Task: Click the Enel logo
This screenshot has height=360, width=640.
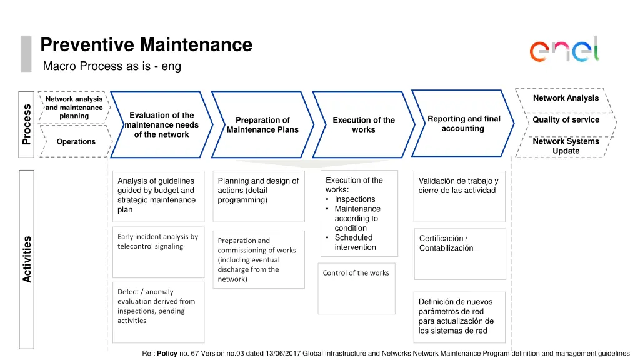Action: pyautogui.click(x=564, y=49)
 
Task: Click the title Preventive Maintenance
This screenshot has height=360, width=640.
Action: pyautogui.click(x=146, y=45)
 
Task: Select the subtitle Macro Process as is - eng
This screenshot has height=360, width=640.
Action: pyautogui.click(x=112, y=66)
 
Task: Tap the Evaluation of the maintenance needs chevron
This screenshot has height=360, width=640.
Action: pyautogui.click(x=161, y=124)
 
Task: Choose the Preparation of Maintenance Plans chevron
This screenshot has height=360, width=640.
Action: pyautogui.click(x=262, y=124)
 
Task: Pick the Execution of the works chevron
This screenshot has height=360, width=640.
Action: pyautogui.click(x=363, y=124)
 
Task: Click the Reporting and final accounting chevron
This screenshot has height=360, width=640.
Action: pyautogui.click(x=463, y=123)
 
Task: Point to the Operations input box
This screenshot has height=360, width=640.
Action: pyautogui.click(x=76, y=142)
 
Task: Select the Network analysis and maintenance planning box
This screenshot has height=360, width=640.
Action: pyautogui.click(x=74, y=107)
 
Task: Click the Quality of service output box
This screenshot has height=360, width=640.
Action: pyautogui.click(x=566, y=120)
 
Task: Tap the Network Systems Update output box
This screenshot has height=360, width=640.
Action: pyautogui.click(x=566, y=146)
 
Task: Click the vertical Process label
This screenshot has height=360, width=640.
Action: pyautogui.click(x=26, y=124)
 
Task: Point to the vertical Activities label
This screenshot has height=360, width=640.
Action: pyautogui.click(x=27, y=259)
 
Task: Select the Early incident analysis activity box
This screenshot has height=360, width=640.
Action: pyautogui.click(x=159, y=248)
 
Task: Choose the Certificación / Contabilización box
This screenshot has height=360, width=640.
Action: pyautogui.click(x=459, y=253)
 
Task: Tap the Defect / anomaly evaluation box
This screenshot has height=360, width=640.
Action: pyautogui.click(x=159, y=311)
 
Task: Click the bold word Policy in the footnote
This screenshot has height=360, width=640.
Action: pyautogui.click(x=167, y=354)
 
